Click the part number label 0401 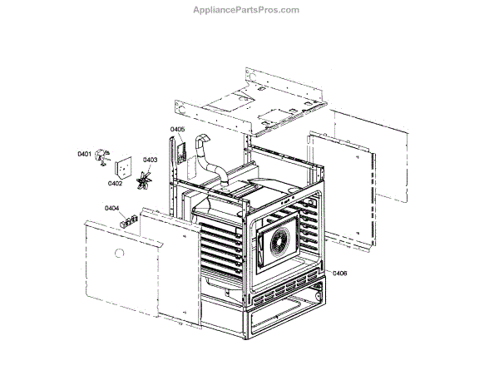pos(84,154)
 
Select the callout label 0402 pos(116,185)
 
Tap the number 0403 pos(151,160)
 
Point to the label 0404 pos(111,209)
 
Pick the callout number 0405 pos(177,130)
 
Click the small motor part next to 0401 pos(102,154)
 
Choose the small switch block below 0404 pos(129,220)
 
